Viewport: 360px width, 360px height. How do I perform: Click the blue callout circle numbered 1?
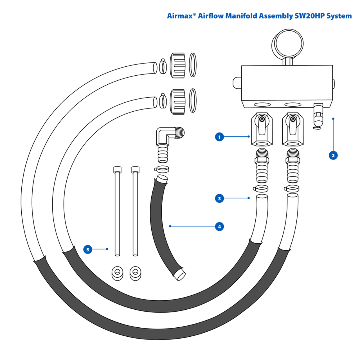[x=219, y=137]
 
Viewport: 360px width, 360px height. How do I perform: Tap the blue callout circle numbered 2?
[x=333, y=155]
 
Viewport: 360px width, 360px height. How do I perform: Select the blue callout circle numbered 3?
[x=219, y=199]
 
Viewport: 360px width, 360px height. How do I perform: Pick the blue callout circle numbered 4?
[x=219, y=226]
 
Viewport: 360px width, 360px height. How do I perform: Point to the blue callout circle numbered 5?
[x=88, y=249]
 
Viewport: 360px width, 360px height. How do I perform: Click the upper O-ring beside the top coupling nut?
[x=193, y=65]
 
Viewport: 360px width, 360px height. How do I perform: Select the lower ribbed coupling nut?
[x=177, y=102]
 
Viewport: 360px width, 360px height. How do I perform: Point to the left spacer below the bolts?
[x=117, y=273]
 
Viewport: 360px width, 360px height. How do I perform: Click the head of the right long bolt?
[x=135, y=170]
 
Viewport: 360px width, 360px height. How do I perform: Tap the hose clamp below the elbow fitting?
[x=161, y=169]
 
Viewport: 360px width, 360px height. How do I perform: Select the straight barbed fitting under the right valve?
[x=293, y=166]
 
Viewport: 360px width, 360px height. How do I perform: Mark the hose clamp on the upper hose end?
[x=163, y=66]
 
